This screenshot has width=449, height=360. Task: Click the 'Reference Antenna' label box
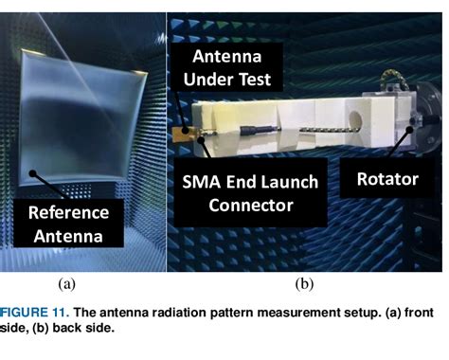coord(67,224)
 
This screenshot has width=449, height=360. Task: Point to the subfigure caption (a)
coord(66,282)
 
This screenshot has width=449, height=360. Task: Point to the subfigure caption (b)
coord(304,282)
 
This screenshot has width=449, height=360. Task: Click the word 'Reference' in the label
coord(67,212)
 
